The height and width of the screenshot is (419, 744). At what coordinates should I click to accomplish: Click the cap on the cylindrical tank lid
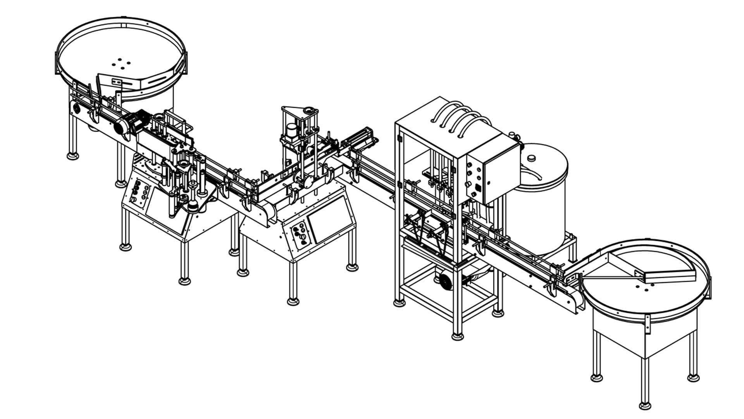tap(531, 158)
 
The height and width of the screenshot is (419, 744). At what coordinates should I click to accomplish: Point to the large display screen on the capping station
tap(330, 220)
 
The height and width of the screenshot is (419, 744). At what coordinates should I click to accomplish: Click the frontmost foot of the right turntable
tap(645, 406)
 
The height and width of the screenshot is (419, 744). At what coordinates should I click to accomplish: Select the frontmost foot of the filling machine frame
tap(458, 336)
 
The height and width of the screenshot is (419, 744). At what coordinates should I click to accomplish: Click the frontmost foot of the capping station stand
tap(293, 301)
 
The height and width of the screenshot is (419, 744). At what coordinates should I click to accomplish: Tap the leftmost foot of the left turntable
tap(72, 156)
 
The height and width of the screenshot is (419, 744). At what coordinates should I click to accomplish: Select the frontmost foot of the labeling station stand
tap(184, 280)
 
